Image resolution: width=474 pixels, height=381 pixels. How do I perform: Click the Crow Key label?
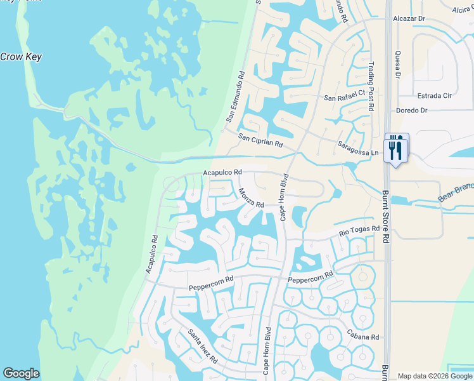pyautogui.click(x=21, y=57)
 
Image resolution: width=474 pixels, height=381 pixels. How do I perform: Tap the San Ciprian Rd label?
pyautogui.click(x=260, y=140)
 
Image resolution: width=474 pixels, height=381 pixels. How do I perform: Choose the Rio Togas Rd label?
pyautogui.click(x=359, y=231)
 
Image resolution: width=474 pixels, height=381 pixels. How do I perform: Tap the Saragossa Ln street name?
pyautogui.click(x=357, y=148)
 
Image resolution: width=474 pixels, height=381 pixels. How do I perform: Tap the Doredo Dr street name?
pyautogui.click(x=412, y=110)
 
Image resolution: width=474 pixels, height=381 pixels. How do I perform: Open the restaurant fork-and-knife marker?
pyautogui.click(x=397, y=149)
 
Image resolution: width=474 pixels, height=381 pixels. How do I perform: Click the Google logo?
pyautogui.click(x=21, y=373)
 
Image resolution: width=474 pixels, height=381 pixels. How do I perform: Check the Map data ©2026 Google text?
pyautogui.click(x=434, y=376)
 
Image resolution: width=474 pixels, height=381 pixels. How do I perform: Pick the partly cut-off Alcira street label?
pyautogui.click(x=462, y=9)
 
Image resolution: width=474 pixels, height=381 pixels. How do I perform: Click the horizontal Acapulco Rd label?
pyautogui.click(x=222, y=172)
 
